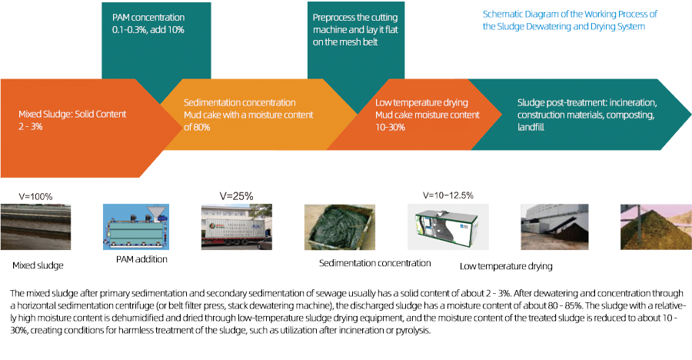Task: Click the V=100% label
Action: coord(35,197)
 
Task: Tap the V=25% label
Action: coord(236,196)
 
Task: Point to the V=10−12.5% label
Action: coord(448,195)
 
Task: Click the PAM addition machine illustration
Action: coord(136,227)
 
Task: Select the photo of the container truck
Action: coord(237,227)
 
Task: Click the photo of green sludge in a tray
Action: coord(340,227)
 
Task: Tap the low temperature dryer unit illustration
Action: coord(448,227)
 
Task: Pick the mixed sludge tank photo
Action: coord(35,227)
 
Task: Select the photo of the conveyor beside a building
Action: coord(554,227)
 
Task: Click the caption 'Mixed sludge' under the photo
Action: coord(38,265)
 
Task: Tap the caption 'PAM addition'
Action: coord(141,259)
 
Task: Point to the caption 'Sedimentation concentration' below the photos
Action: coord(374,263)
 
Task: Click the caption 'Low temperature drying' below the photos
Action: coord(506,266)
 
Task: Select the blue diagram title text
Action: coord(570,20)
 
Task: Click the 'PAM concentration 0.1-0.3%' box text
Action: coord(148,24)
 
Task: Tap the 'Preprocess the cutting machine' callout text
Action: coord(355,29)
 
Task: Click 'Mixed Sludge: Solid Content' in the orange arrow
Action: coord(72,115)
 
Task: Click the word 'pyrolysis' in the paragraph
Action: coord(413,331)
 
